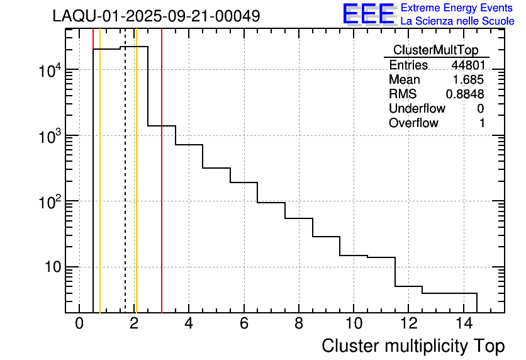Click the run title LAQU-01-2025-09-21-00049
[x=156, y=16]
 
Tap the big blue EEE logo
[x=368, y=14]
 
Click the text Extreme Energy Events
[x=457, y=8]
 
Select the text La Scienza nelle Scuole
[x=457, y=21]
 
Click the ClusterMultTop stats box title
[x=435, y=50]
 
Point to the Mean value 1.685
[x=469, y=80]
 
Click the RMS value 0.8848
[x=465, y=94]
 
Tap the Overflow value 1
[x=482, y=123]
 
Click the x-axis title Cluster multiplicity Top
[x=413, y=346]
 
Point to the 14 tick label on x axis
[x=463, y=324]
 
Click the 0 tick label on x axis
[x=79, y=324]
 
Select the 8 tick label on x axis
[x=298, y=324]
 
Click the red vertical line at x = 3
[x=162, y=189]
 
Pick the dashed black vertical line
[x=125, y=189]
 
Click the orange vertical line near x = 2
[x=136, y=189]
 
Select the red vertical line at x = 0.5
[x=93, y=189]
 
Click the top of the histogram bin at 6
[x=243, y=183]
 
